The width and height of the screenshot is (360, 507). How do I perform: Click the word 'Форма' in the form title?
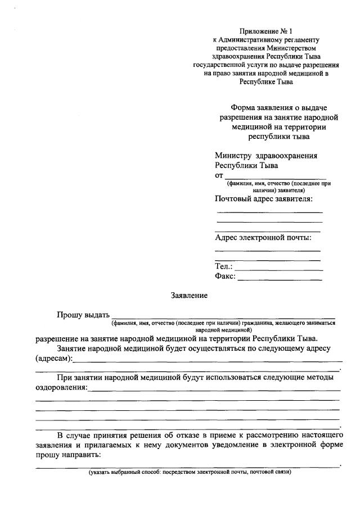click(243, 107)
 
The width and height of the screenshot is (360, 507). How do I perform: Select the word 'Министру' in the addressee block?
click(232, 155)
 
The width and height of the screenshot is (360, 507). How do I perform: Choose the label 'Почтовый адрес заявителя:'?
click(263, 198)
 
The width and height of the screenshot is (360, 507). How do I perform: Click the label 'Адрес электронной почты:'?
click(263, 237)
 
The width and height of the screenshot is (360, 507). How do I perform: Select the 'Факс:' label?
click(226, 276)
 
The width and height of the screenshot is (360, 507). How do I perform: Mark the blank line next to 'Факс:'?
click(280, 279)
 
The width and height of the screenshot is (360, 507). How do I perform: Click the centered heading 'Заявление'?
click(190, 295)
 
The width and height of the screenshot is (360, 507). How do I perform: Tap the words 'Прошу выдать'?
click(83, 315)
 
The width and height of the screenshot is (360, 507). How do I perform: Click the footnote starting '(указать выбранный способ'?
click(190, 472)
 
